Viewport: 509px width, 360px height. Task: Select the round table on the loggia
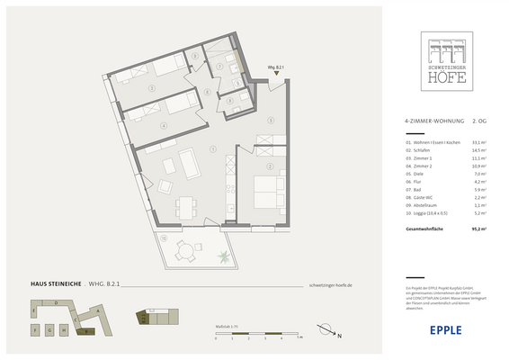[x=185, y=247]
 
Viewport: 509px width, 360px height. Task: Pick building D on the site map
[x=57, y=304]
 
